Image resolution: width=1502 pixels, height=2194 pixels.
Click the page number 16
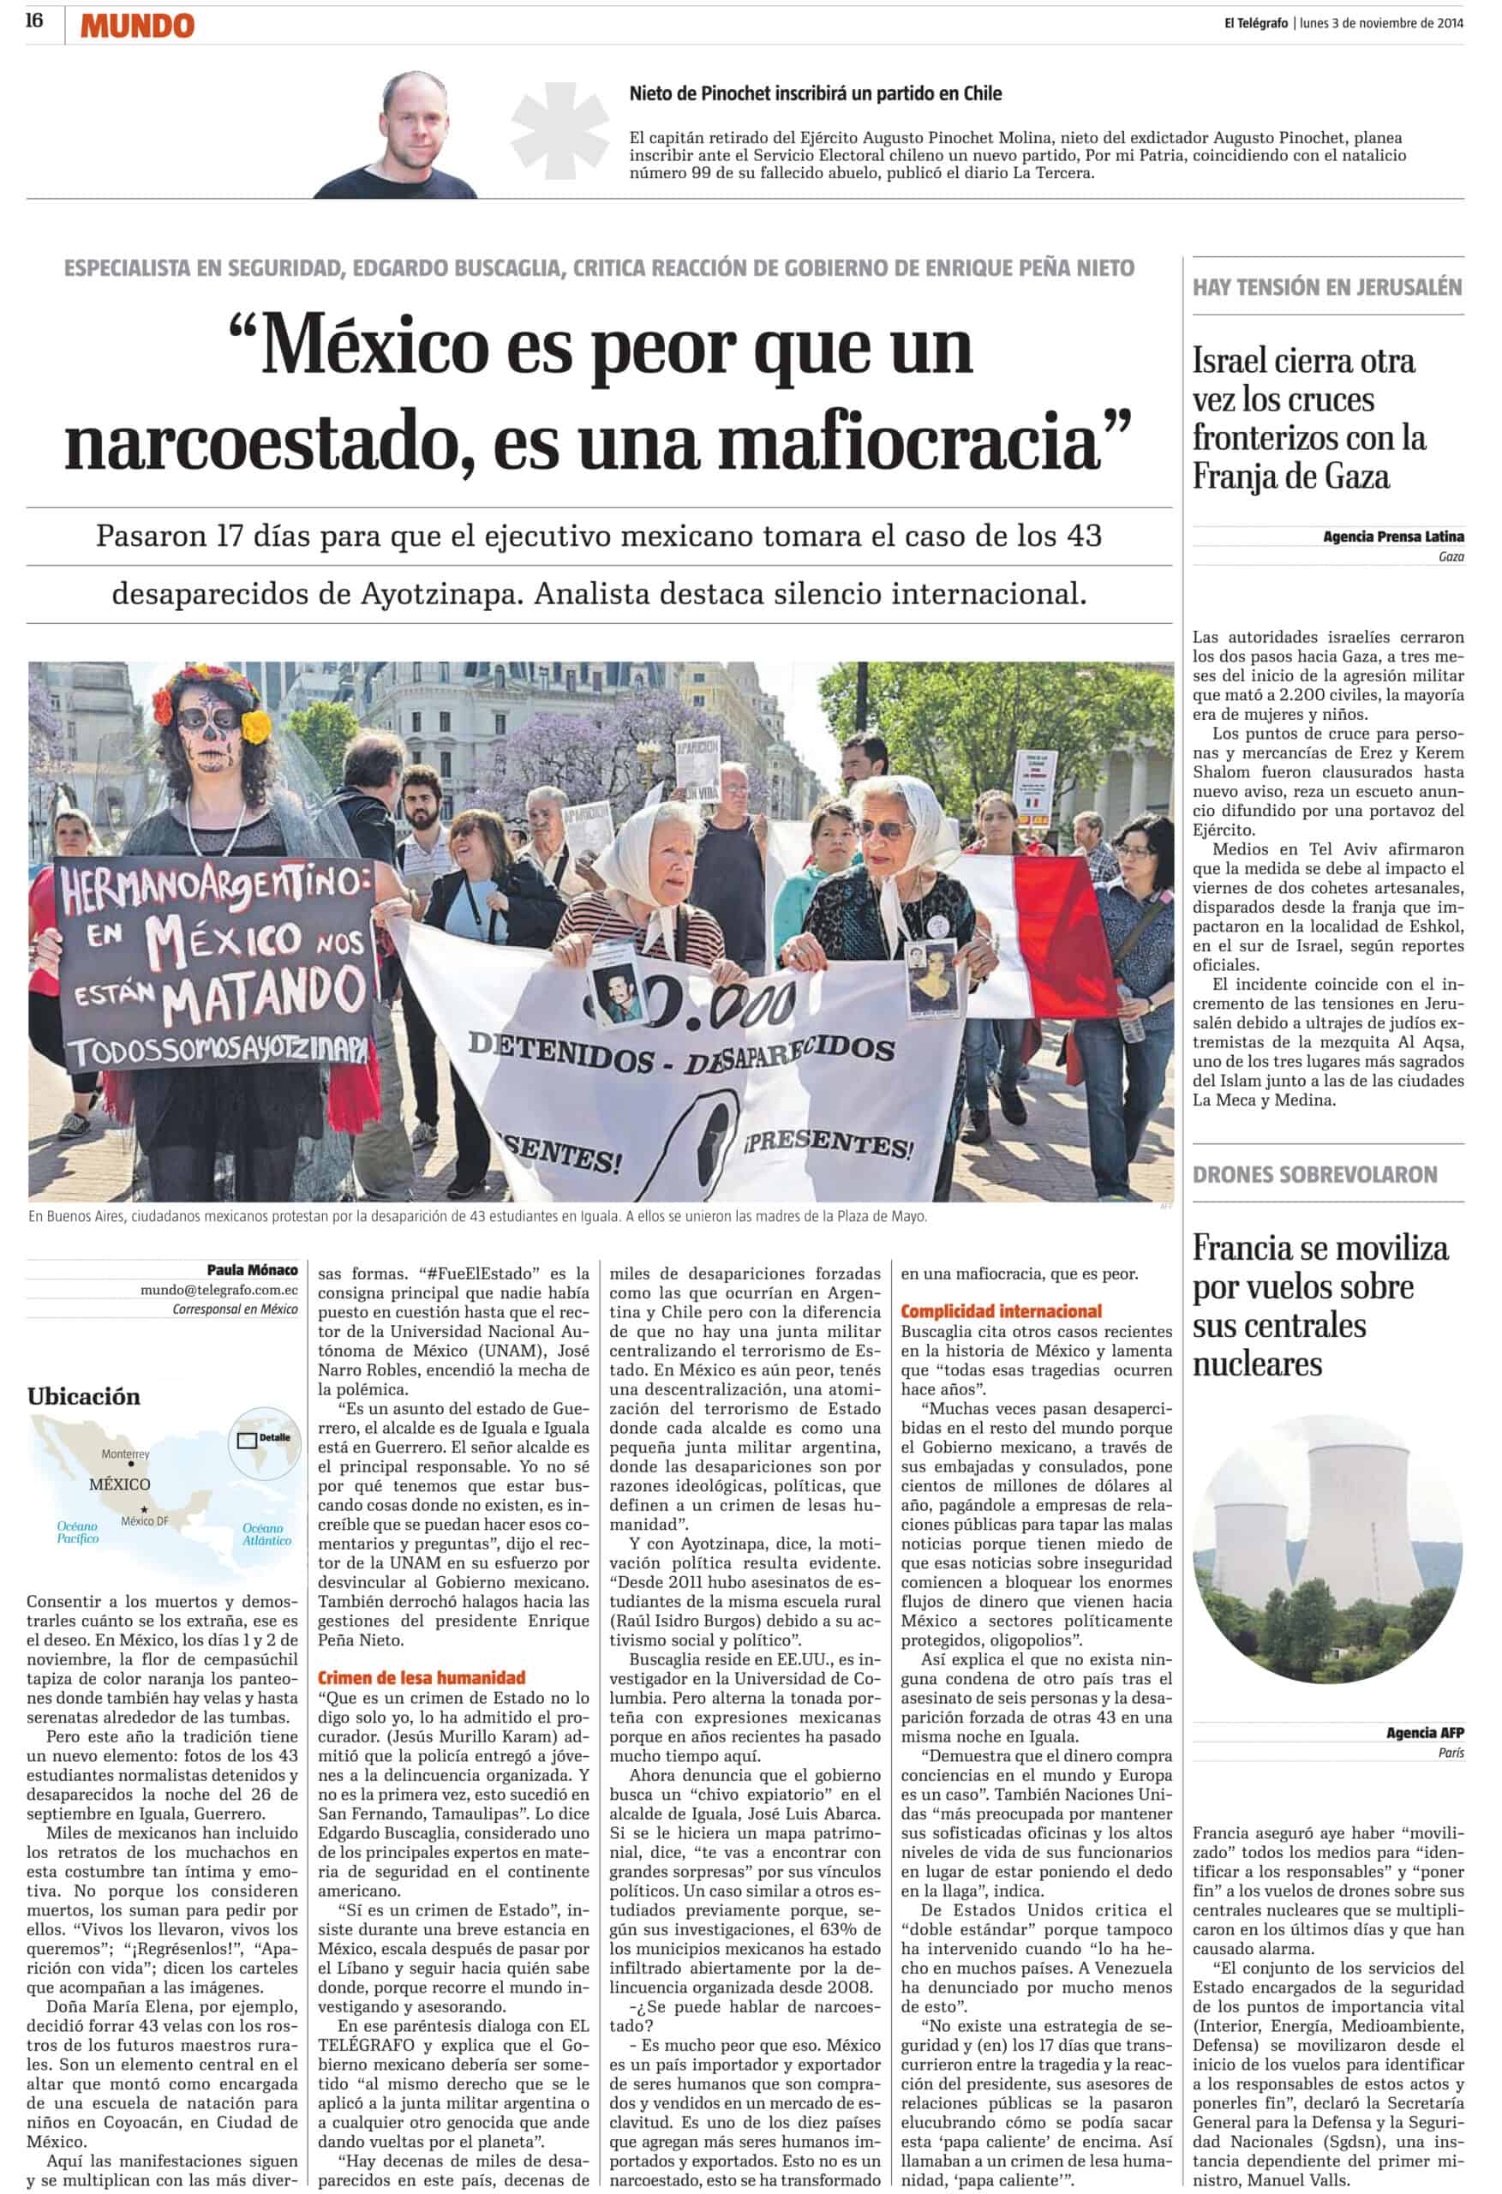(x=34, y=21)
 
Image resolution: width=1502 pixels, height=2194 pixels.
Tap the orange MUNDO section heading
(x=137, y=26)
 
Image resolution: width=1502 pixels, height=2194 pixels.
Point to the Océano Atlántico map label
(x=266, y=1534)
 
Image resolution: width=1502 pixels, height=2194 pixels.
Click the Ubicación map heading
(x=83, y=1396)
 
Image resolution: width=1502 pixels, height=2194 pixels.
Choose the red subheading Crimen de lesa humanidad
(x=420, y=1676)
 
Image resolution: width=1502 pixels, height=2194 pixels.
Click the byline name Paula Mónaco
(x=252, y=1270)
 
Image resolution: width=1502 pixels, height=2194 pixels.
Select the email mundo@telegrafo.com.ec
(x=219, y=1290)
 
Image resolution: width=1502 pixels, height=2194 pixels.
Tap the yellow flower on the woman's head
(x=256, y=726)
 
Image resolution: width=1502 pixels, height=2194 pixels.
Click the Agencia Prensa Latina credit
(x=1392, y=537)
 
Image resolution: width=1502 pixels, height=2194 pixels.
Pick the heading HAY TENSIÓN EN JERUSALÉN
(x=1326, y=287)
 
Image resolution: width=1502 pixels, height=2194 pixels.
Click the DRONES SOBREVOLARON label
(x=1314, y=1174)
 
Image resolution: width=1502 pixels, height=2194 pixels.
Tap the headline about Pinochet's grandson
(x=815, y=93)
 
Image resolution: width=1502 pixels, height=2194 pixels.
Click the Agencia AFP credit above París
(x=1425, y=1731)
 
